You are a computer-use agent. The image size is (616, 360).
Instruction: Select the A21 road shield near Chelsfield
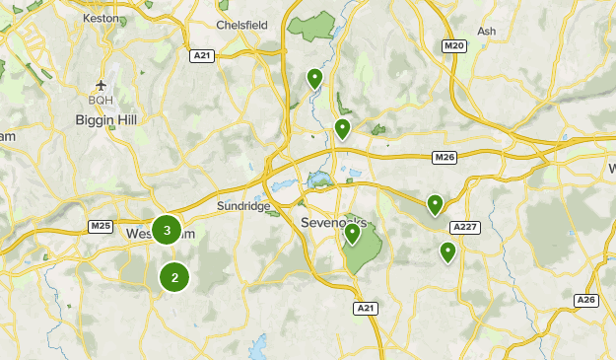click(x=202, y=55)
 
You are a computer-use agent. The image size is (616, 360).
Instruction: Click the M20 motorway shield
click(x=453, y=45)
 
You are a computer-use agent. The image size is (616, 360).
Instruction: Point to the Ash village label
click(x=486, y=32)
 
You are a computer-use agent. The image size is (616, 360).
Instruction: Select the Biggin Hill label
click(x=107, y=119)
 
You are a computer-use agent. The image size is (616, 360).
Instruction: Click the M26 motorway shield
click(x=445, y=157)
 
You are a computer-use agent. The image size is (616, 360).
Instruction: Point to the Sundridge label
click(x=240, y=207)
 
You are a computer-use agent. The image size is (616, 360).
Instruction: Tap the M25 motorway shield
click(x=100, y=226)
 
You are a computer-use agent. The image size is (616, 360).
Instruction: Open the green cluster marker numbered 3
click(x=167, y=231)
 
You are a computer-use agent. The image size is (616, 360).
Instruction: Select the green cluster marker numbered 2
click(x=174, y=277)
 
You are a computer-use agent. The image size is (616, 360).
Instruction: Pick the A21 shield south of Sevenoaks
click(x=365, y=309)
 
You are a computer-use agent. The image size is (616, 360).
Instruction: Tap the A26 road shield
click(x=586, y=300)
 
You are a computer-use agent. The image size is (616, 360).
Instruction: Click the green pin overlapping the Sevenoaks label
click(x=352, y=233)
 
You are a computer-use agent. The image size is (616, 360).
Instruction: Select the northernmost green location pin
click(x=314, y=77)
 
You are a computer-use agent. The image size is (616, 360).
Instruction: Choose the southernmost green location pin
click(x=448, y=252)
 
